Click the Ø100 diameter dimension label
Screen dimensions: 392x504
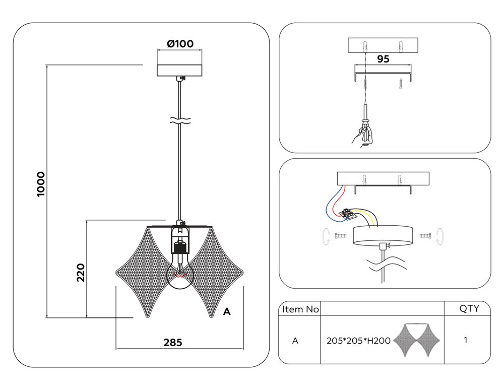point(179,43)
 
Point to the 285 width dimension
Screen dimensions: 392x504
point(173,343)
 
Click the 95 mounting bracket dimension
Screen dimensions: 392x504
point(383,59)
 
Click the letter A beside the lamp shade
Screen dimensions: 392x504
point(227,312)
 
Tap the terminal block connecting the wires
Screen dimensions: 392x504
point(348,214)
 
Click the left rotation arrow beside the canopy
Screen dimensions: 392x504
point(326,235)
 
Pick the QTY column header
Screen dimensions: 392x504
point(469,309)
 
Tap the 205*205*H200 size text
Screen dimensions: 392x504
point(358,341)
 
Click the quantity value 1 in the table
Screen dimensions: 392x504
point(465,340)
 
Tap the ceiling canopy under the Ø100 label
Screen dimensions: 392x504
point(179,70)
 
